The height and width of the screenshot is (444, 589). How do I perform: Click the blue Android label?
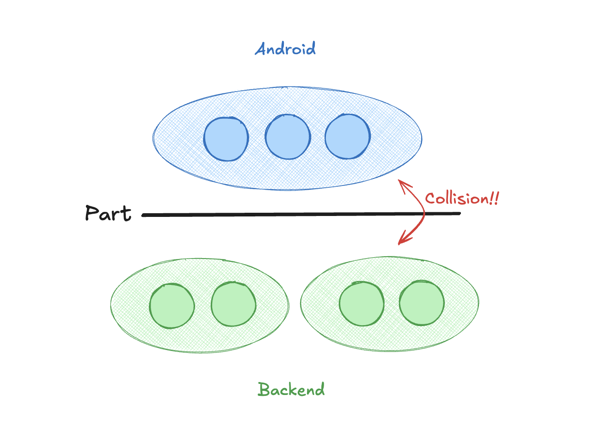tap(285, 49)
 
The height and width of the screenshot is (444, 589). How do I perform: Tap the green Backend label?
tap(291, 389)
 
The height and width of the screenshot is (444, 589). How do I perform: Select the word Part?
tap(108, 213)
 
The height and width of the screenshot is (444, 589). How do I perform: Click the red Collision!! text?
tap(462, 199)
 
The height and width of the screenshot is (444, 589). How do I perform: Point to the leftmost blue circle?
tap(226, 139)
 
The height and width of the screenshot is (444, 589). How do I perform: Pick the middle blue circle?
tap(288, 137)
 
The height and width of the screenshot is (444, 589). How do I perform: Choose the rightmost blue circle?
tap(347, 136)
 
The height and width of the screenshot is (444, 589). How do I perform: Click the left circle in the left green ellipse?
tap(172, 306)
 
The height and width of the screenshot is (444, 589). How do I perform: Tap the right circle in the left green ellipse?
tap(233, 304)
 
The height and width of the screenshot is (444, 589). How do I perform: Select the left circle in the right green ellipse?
tap(362, 304)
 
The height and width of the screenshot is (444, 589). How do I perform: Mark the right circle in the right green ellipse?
tap(422, 303)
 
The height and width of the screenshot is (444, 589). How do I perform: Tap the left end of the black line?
tap(143, 215)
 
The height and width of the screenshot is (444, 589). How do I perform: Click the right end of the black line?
tap(459, 213)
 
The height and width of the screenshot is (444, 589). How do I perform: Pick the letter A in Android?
tap(262, 49)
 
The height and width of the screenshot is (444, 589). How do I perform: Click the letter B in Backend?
tap(264, 389)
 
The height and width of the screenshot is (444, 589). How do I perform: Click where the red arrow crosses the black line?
tap(424, 214)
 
